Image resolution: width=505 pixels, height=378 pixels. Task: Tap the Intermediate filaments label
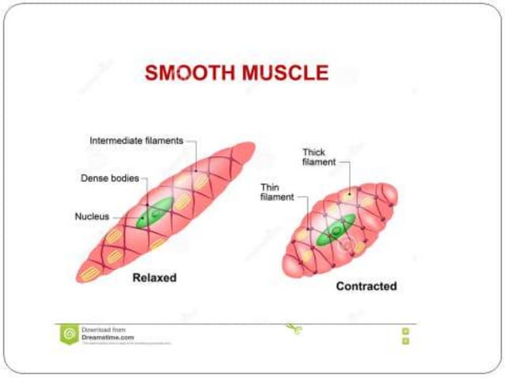click(136, 140)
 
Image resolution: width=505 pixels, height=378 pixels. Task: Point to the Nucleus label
click(92, 216)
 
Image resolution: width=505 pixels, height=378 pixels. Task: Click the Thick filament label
click(319, 157)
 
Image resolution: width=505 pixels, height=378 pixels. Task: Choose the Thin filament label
click(277, 192)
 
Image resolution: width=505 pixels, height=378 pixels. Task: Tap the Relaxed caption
click(154, 278)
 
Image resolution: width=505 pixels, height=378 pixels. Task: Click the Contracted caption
click(366, 285)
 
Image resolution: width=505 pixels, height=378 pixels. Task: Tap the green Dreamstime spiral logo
click(69, 334)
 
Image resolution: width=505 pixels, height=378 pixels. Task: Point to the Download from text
click(100, 329)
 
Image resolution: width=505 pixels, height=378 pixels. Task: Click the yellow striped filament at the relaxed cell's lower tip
click(89, 272)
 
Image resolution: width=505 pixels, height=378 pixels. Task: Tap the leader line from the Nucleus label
click(125, 216)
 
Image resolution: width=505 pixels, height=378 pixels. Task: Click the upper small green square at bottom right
click(405, 331)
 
